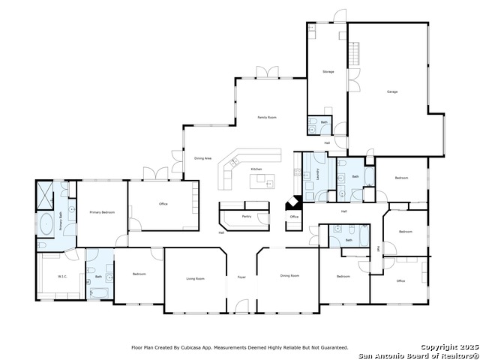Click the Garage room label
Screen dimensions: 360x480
coord(391,91)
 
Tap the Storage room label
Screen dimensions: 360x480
coord(328,72)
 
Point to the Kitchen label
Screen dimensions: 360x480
coord(256,169)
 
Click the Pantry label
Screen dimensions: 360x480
coord(246,216)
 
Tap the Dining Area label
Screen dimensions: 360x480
coord(202,158)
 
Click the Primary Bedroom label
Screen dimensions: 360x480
coord(102,213)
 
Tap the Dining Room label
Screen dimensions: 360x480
coord(289,276)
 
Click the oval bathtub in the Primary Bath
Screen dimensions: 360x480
coord(46,223)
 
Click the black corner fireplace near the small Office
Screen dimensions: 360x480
coord(293,204)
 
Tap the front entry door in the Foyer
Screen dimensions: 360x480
coord(241,306)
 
